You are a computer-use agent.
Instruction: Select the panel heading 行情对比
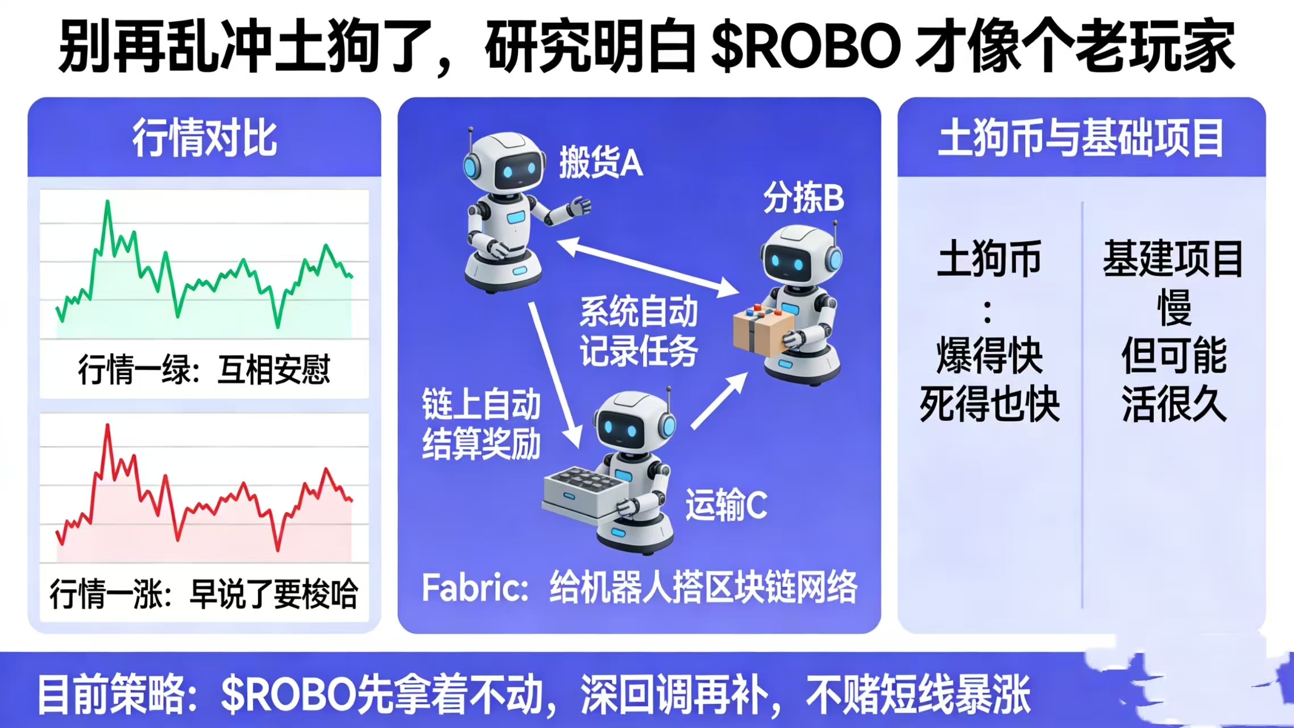tap(205, 138)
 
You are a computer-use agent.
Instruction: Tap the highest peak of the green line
tap(107, 201)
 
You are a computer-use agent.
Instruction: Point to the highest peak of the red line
tap(107, 425)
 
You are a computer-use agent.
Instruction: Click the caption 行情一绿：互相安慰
tap(204, 370)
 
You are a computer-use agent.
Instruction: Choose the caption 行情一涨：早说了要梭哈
tap(204, 594)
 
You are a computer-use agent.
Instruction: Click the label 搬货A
tap(600, 162)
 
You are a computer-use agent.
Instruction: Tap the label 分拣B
tap(803, 198)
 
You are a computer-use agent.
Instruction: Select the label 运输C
tap(726, 505)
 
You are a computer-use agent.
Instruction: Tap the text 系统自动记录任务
tap(638, 332)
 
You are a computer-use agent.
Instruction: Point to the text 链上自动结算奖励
tap(481, 424)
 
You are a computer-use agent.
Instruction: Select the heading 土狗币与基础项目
tap(1081, 138)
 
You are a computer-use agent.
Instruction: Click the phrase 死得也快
tap(989, 404)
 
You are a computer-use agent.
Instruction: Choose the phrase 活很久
tap(1173, 404)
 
